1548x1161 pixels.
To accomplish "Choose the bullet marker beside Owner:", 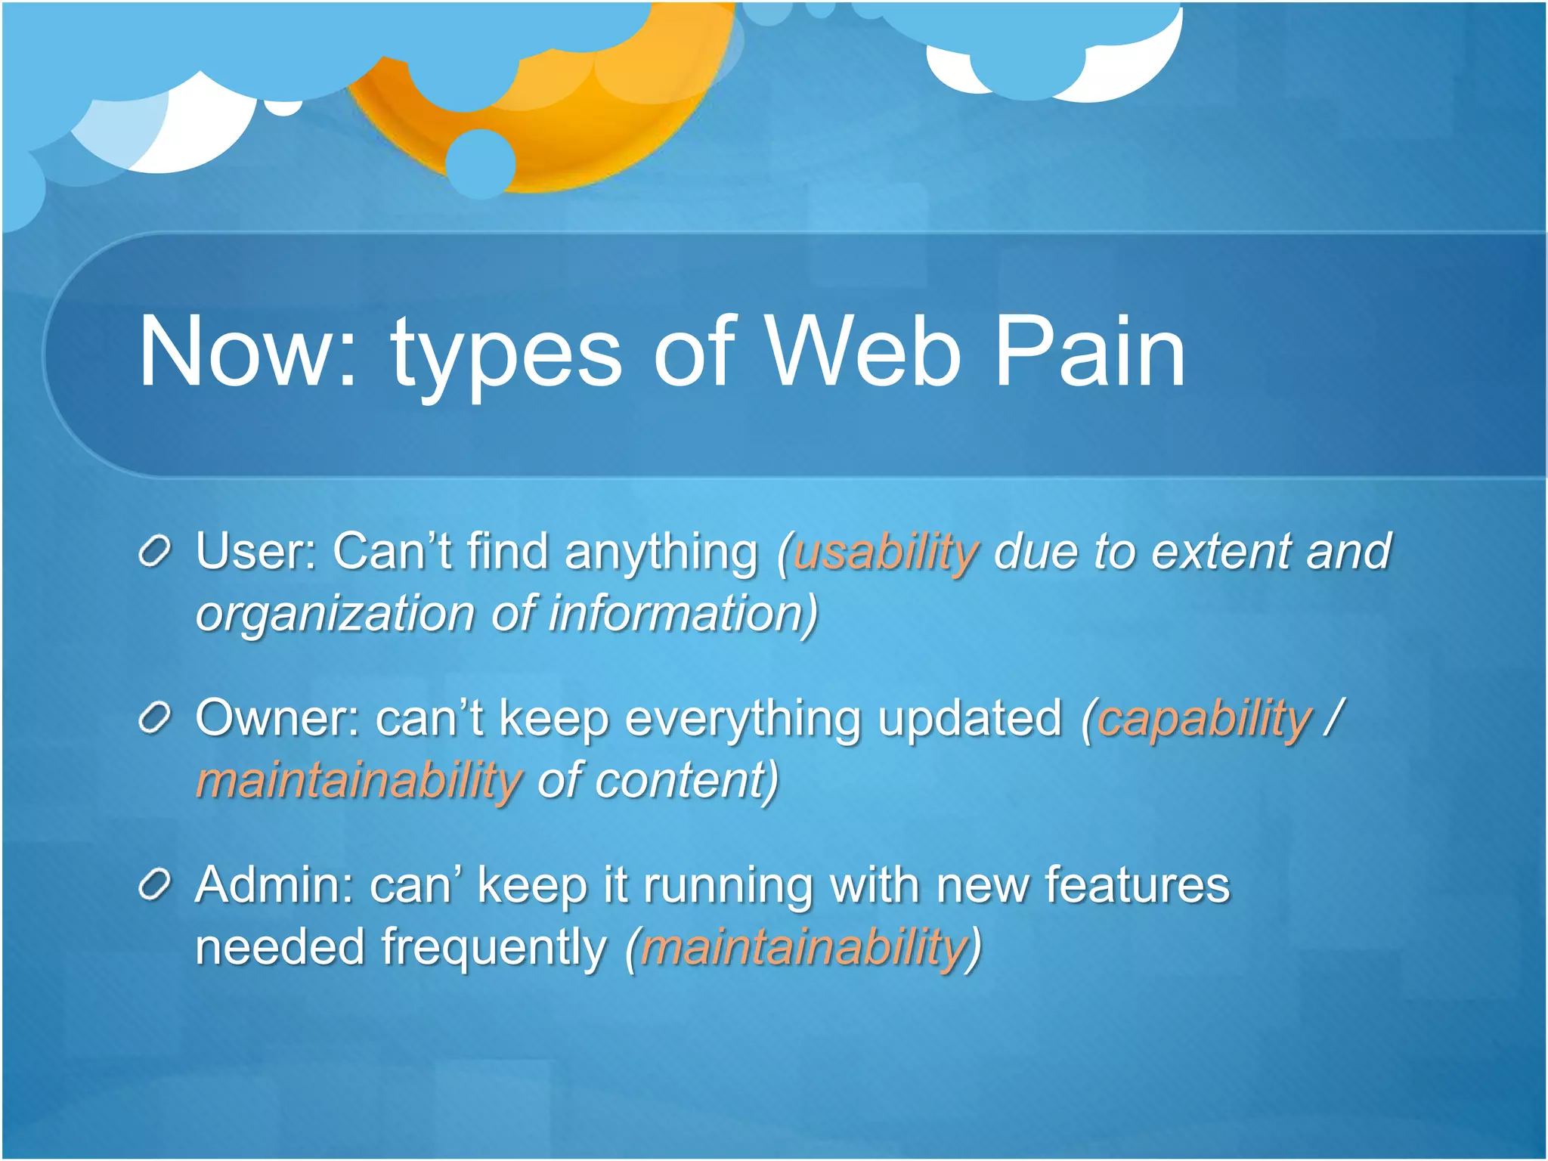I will point(155,720).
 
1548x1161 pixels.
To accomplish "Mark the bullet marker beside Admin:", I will point(155,886).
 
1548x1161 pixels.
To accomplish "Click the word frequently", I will point(494,947).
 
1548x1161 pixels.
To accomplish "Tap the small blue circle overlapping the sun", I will point(481,163).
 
